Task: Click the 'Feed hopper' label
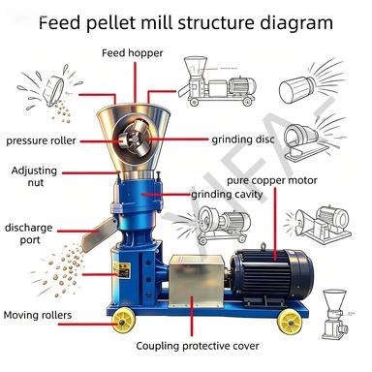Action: pyautogui.click(x=133, y=53)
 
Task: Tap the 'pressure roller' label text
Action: pyautogui.click(x=41, y=140)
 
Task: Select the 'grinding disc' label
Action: pyautogui.click(x=243, y=139)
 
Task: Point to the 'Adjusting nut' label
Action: pyautogui.click(x=34, y=176)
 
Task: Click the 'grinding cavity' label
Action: pyautogui.click(x=227, y=195)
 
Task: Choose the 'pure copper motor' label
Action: pyautogui.click(x=272, y=180)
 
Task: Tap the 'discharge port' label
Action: pyautogui.click(x=29, y=233)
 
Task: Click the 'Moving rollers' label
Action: pyautogui.click(x=38, y=315)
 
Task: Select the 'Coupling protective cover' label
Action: pyautogui.click(x=198, y=346)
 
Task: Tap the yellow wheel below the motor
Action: pyautogui.click(x=290, y=322)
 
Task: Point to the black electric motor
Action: pyautogui.click(x=272, y=277)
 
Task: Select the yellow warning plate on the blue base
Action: pyautogui.click(x=122, y=269)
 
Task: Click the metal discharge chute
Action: pyautogui.click(x=99, y=234)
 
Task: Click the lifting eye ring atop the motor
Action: pyautogui.click(x=264, y=246)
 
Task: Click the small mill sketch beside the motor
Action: pyautogui.click(x=336, y=313)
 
